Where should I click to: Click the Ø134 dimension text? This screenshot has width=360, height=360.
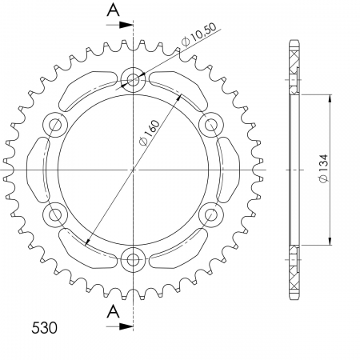pyautogui.click(x=320, y=170)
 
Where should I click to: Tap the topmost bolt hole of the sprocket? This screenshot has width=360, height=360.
pyautogui.click(x=134, y=80)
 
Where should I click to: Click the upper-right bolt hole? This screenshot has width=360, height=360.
pyautogui.click(x=211, y=125)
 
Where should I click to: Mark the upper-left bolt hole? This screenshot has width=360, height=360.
pyautogui.click(x=57, y=125)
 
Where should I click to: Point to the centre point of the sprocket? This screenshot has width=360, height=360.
pyautogui.click(x=134, y=170)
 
